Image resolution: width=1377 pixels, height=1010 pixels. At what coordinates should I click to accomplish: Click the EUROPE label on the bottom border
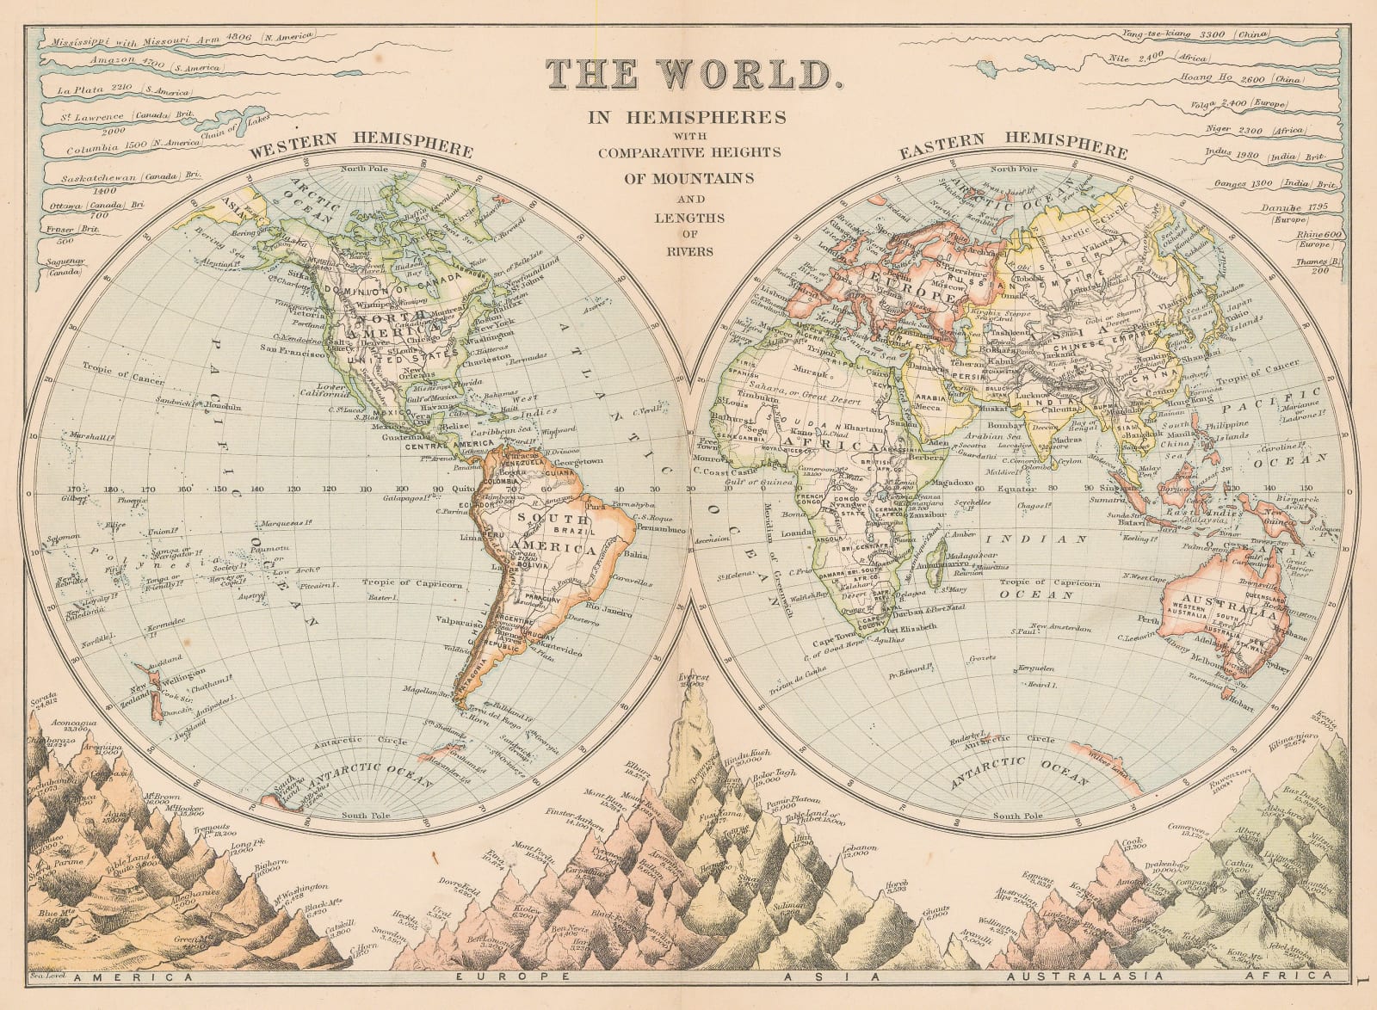513,977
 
